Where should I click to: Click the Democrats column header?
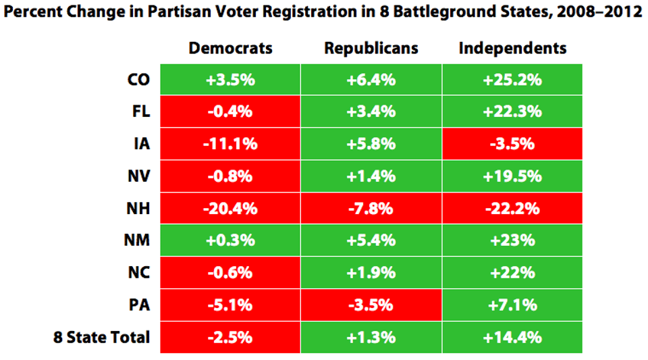(x=230, y=49)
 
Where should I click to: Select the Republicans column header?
(x=371, y=49)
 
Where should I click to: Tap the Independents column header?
(x=512, y=49)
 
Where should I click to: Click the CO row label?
(x=138, y=80)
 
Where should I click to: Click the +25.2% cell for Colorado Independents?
(x=512, y=80)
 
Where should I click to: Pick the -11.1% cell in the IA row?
(x=230, y=144)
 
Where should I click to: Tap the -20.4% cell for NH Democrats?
(x=230, y=209)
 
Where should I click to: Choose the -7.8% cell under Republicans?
(x=371, y=209)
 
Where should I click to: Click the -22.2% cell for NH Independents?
(x=512, y=209)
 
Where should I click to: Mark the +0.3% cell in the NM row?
(x=230, y=240)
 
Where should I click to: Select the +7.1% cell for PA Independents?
(x=512, y=305)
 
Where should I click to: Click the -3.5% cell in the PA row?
(x=371, y=305)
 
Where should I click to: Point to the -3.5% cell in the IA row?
(x=512, y=144)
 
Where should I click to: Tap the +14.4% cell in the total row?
(x=512, y=337)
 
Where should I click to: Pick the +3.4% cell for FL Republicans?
(x=371, y=112)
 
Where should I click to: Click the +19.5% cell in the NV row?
(x=512, y=176)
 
